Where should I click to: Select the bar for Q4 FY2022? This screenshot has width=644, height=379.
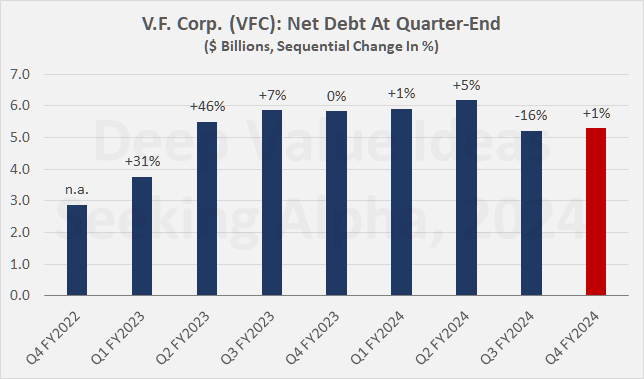tap(75, 250)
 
